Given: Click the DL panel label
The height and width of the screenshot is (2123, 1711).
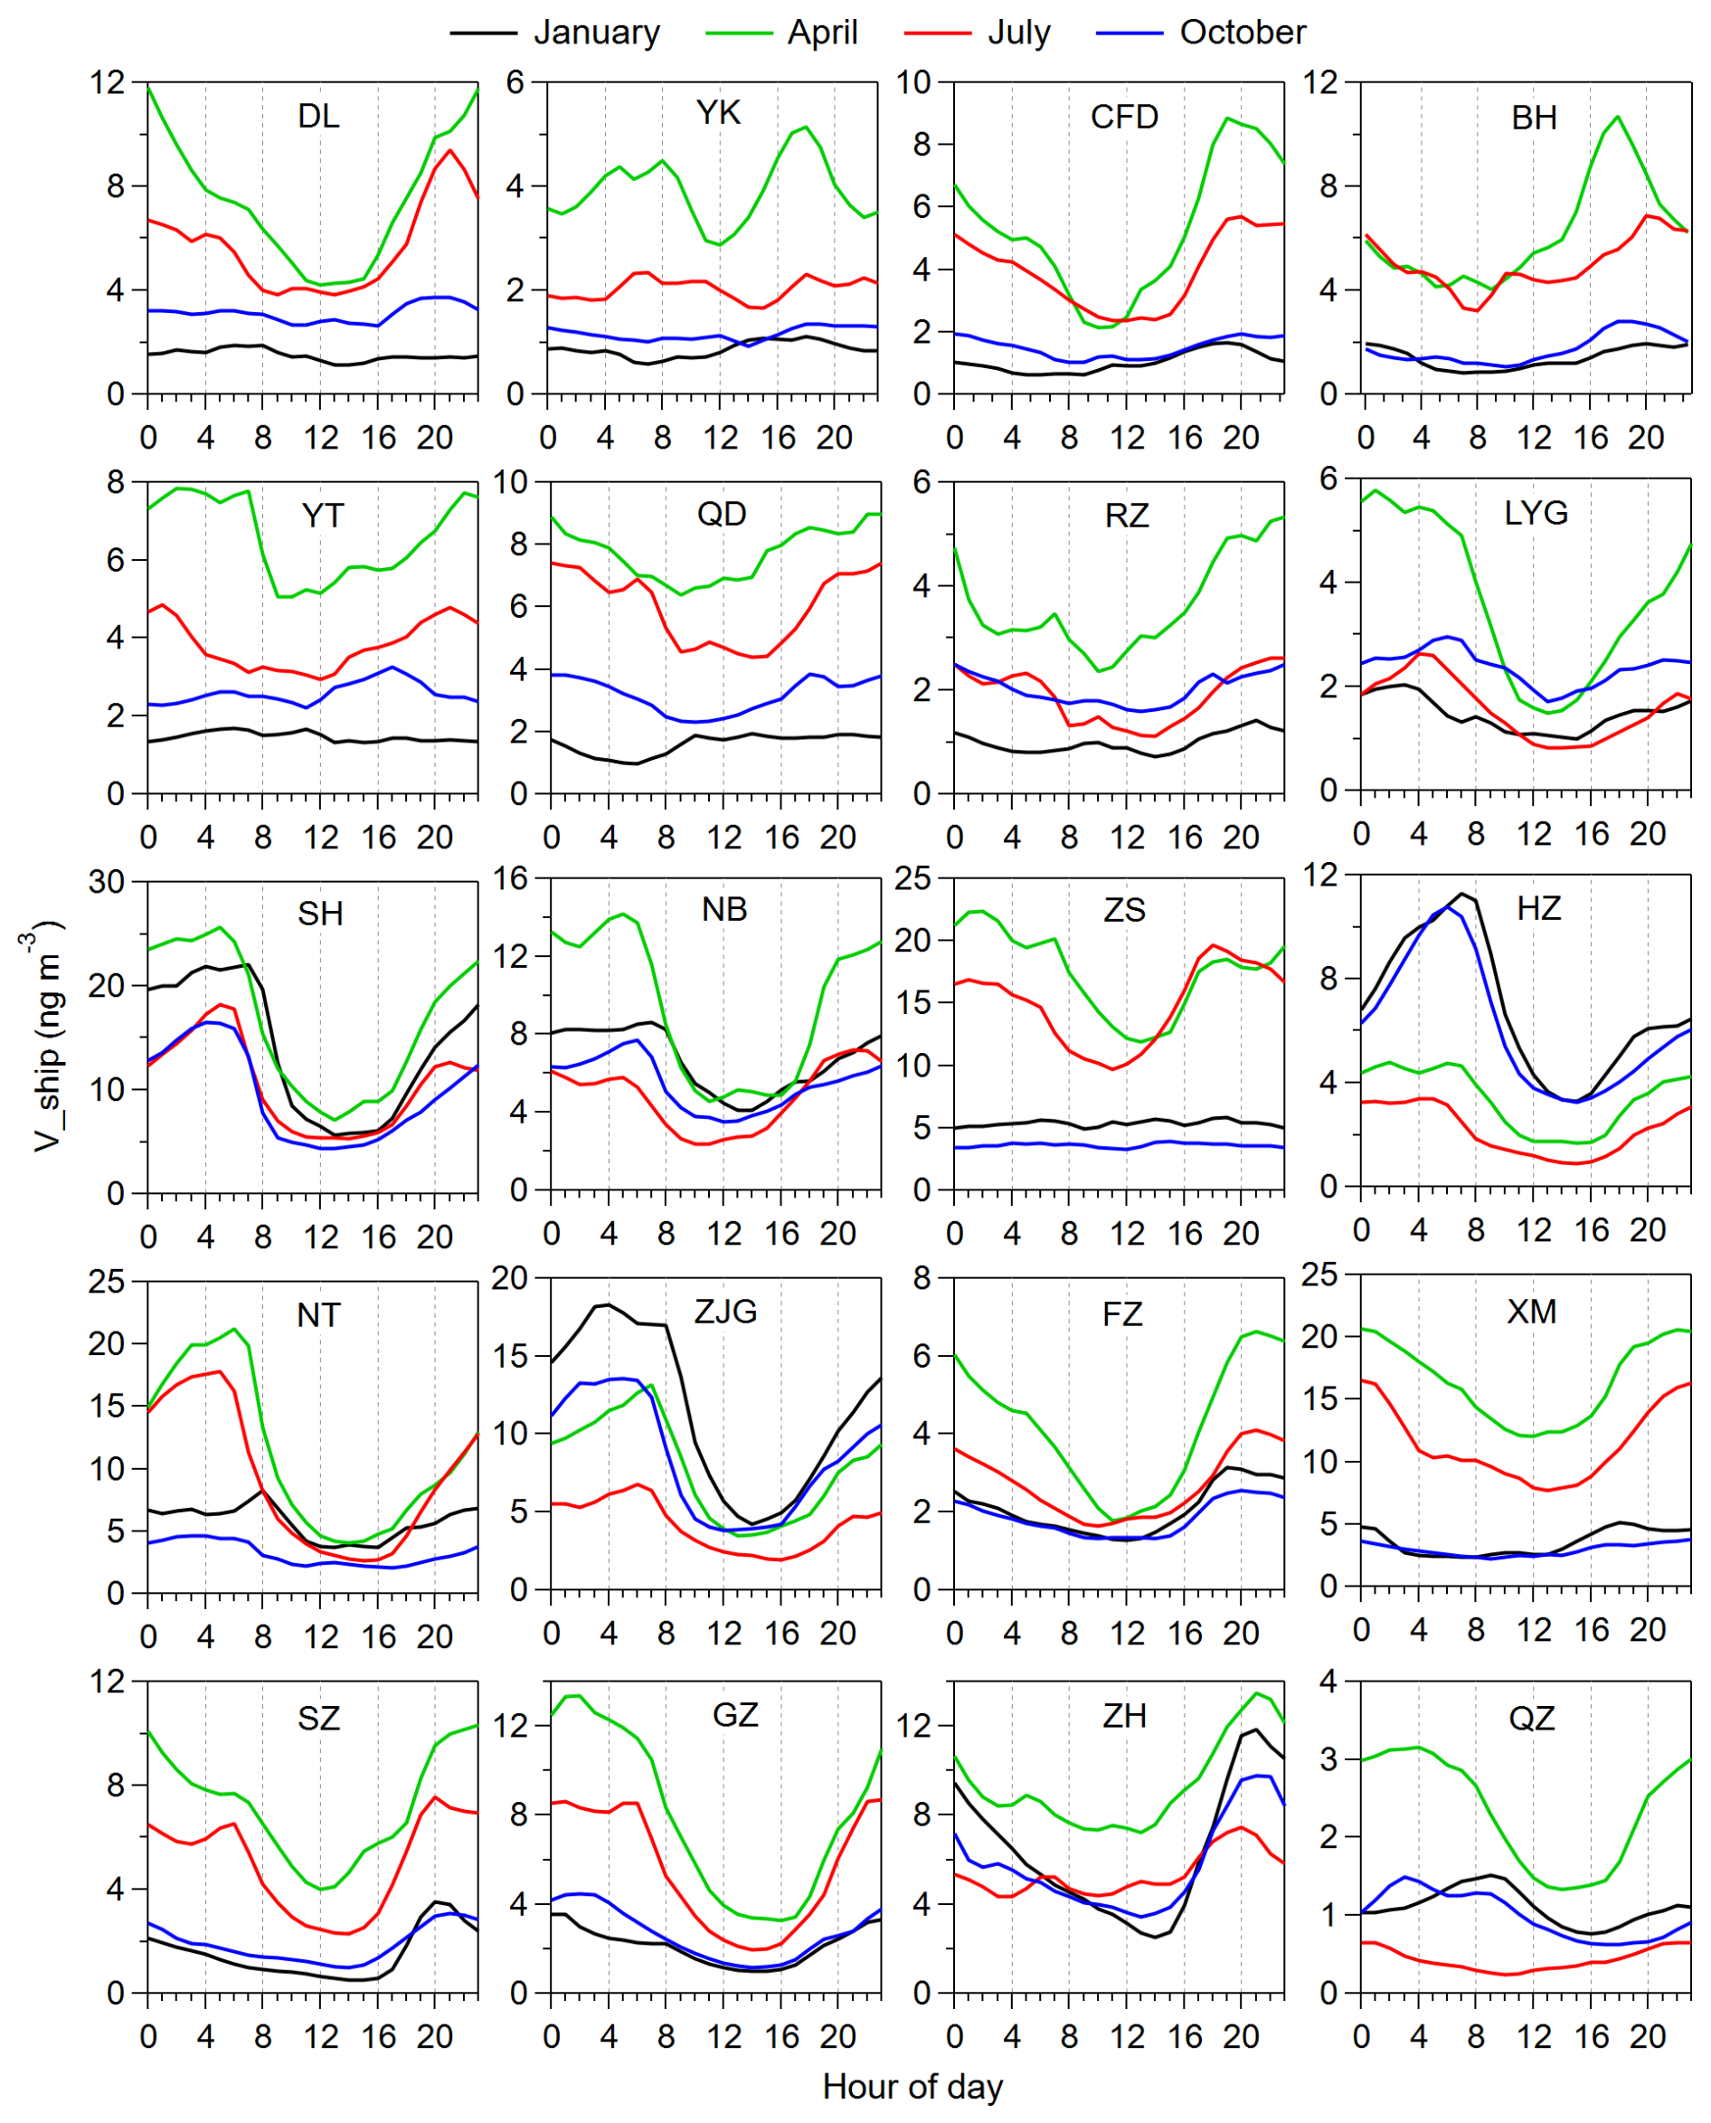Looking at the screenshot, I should tap(318, 117).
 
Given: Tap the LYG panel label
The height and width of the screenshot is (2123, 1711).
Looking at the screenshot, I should tap(1536, 513).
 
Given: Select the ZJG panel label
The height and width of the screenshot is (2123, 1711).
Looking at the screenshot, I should tap(725, 1312).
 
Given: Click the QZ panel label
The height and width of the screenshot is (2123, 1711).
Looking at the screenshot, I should tap(1532, 1719).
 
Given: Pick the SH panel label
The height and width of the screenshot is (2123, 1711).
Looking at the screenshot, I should tap(320, 914).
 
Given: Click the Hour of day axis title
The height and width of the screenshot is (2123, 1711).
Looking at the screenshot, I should tap(912, 2087).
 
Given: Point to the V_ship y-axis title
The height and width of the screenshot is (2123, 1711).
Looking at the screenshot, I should tap(44, 1035).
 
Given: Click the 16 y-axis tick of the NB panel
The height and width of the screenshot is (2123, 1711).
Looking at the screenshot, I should tap(511, 878).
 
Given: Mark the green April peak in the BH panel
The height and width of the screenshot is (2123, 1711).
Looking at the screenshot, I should tap(1617, 117).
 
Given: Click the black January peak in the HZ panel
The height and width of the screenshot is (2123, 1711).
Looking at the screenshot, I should tap(1461, 894).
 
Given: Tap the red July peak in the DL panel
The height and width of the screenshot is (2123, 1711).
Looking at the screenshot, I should tap(450, 151).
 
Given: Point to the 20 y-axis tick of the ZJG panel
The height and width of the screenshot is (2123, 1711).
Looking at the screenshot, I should tap(511, 1278).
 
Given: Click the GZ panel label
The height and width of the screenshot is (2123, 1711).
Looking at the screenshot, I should tap(735, 1716).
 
